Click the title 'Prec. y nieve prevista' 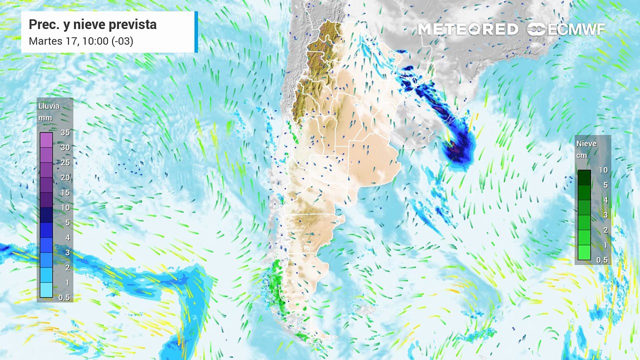point(92,24)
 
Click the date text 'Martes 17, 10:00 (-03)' point(81,41)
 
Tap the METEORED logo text point(467,29)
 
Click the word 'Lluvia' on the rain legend point(49,106)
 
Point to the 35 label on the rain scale point(65,132)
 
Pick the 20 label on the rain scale point(65,177)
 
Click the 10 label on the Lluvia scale point(65,207)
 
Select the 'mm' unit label point(45,118)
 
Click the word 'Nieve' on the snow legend point(586,143)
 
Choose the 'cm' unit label point(581,155)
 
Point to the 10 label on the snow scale point(603,170)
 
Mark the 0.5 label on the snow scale point(603,260)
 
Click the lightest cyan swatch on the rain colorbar point(46,290)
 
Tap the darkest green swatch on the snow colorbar point(584,177)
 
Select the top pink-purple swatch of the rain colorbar point(46,140)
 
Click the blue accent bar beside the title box point(196,32)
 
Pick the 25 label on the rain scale point(65,162)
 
